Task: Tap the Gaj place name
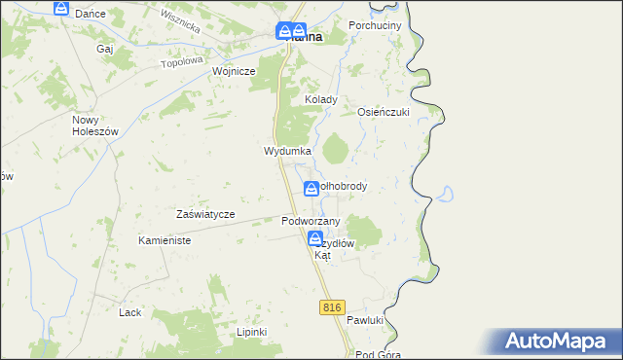(x=105, y=48)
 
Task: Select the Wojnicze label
(x=234, y=71)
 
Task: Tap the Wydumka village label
(x=287, y=152)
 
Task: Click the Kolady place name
(x=321, y=99)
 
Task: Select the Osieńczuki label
(x=384, y=112)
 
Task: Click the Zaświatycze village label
(x=205, y=214)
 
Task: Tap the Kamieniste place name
(x=164, y=240)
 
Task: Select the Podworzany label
(x=310, y=221)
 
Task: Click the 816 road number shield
(x=332, y=307)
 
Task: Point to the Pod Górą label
(x=379, y=354)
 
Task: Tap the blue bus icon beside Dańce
(x=61, y=9)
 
